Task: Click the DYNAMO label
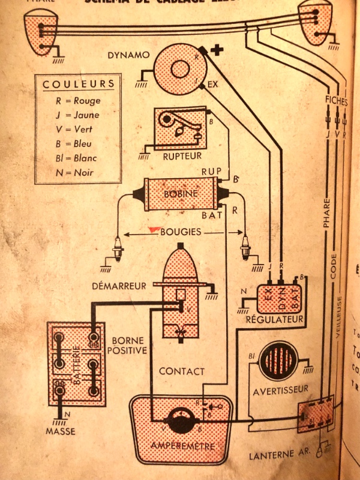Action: pyautogui.click(x=128, y=55)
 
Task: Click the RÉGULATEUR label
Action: pyautogui.click(x=275, y=319)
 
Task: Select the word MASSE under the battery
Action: pyautogui.click(x=61, y=431)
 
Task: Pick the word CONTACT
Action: pyautogui.click(x=182, y=371)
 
